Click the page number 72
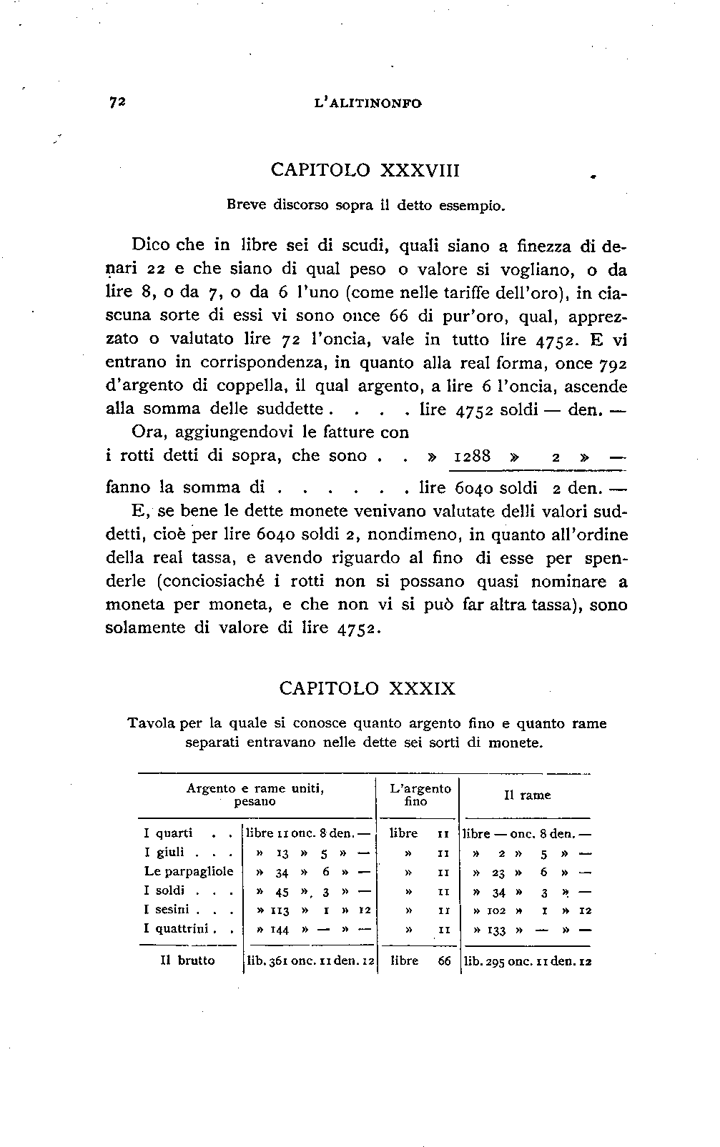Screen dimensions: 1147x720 (117, 102)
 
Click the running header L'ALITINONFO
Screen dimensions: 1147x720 (368, 103)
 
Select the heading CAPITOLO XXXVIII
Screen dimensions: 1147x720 (365, 170)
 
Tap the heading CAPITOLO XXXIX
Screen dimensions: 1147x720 (367, 688)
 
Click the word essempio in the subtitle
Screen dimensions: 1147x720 (473, 205)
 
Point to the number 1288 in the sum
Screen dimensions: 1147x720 (473, 456)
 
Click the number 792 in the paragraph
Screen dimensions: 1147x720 (613, 363)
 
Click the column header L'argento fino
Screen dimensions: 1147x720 (420, 795)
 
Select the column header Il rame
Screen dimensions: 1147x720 (527, 795)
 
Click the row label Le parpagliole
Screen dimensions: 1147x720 (189, 871)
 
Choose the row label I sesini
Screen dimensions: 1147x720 (167, 910)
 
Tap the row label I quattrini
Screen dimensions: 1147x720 (176, 929)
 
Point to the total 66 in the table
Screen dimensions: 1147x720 (445, 961)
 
